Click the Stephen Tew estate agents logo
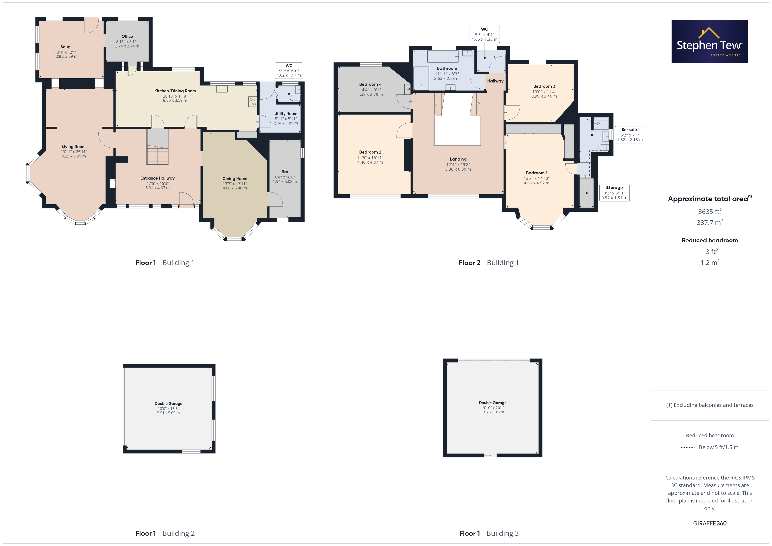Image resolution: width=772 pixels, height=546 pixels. [x=710, y=42]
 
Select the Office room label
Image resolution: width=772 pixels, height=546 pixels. [x=127, y=36]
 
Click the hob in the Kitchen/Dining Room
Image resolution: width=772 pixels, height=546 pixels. [x=253, y=101]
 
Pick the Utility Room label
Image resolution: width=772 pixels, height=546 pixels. [x=286, y=114]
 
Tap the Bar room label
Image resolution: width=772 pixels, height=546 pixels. [x=285, y=172]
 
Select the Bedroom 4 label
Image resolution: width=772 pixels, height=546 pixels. [x=370, y=84]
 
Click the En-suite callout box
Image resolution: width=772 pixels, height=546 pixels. [x=630, y=135]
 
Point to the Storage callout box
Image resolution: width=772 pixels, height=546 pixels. [x=614, y=193]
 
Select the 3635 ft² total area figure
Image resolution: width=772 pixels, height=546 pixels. [x=710, y=212]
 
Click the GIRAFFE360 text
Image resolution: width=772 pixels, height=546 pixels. [x=710, y=523]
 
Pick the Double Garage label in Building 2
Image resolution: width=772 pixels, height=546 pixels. [x=168, y=403]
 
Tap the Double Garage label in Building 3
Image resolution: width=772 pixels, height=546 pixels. [x=493, y=402]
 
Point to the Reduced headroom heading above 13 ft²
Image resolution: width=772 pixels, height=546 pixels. [x=710, y=240]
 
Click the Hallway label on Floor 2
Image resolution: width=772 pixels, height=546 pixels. [x=495, y=81]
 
